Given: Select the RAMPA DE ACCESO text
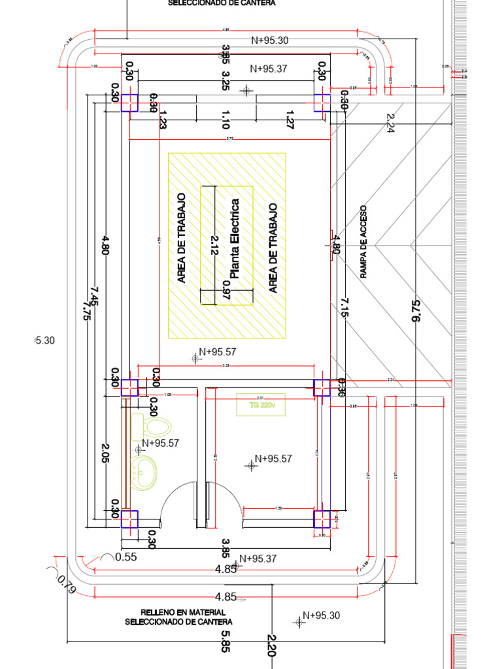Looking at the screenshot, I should click(x=363, y=242).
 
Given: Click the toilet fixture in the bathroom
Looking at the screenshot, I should click(x=152, y=428).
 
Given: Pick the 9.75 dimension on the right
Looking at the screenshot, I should click(x=416, y=310).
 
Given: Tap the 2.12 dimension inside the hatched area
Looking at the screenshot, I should click(x=215, y=246).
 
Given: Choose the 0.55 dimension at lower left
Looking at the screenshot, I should click(x=125, y=557).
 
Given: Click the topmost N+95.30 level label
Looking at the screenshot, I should click(x=269, y=40).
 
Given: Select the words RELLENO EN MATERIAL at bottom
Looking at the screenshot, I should click(x=178, y=612).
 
